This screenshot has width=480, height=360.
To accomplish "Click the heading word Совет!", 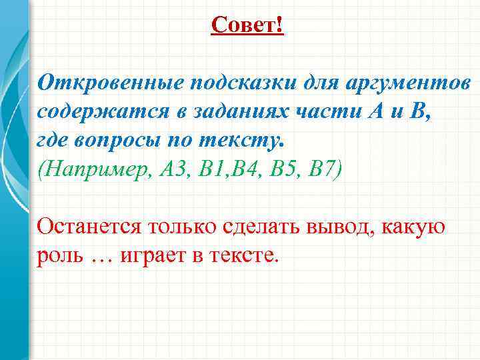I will click(x=247, y=25).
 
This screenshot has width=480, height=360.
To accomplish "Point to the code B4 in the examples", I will click(x=241, y=169).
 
